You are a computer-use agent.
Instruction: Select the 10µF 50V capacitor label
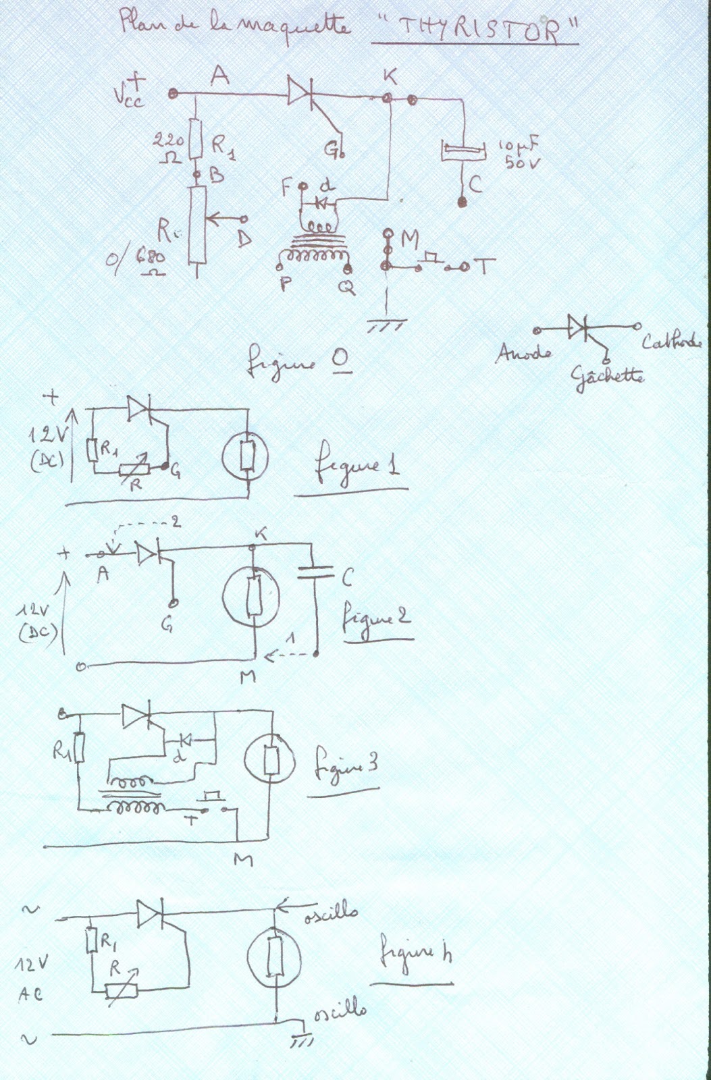(x=520, y=153)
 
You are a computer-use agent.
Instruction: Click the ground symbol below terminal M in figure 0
(x=386, y=326)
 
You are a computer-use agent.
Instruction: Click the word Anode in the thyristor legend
(x=523, y=352)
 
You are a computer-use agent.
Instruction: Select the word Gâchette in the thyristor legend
(x=607, y=375)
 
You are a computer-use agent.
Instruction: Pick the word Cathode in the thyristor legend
(x=671, y=342)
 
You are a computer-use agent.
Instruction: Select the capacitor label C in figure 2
(x=347, y=578)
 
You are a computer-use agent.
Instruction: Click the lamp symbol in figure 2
(x=253, y=595)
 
